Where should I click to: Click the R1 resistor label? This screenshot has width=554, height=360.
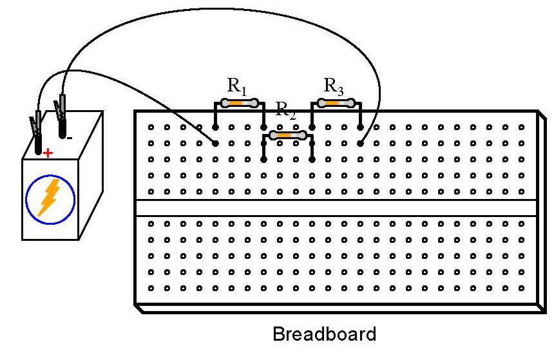coord(237,86)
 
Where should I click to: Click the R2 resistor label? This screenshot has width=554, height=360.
coord(285,109)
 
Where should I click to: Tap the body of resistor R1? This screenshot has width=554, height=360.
coord(239,102)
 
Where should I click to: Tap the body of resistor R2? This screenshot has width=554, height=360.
coord(287,135)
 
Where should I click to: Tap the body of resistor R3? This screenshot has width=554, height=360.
coord(336,102)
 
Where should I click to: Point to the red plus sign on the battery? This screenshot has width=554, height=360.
coord(47,154)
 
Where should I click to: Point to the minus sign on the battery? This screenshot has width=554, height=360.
coord(70,138)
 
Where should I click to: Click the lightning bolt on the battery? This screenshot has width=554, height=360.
coord(49,196)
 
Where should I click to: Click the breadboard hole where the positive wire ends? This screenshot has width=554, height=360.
coord(215,144)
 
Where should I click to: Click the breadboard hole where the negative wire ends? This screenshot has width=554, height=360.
coord(360,144)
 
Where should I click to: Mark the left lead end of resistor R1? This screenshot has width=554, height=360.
coord(215,128)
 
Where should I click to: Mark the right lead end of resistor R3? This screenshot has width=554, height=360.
coord(360,128)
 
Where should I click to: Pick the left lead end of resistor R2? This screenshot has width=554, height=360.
coord(263,159)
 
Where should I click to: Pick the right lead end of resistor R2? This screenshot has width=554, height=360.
coord(312,159)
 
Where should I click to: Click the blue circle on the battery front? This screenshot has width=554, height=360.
coord(50,198)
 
